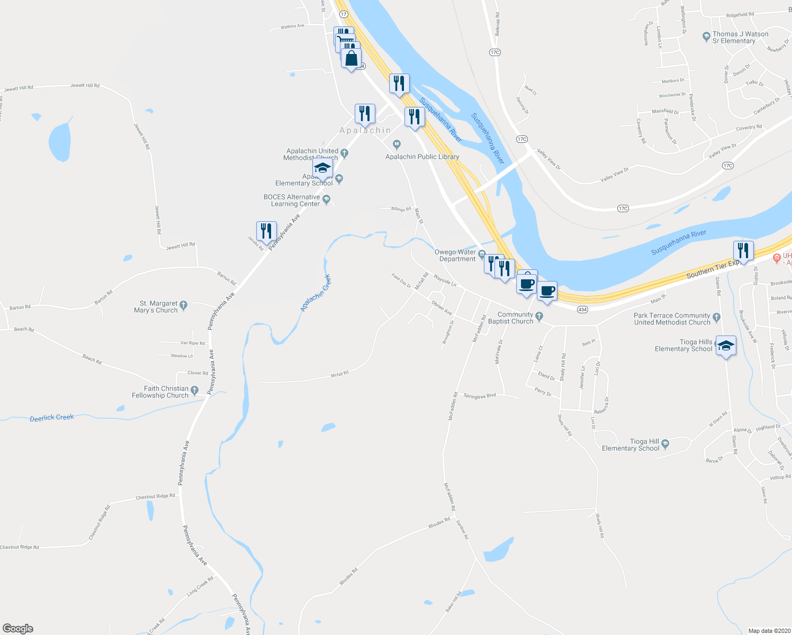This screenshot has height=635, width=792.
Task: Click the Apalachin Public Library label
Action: [422, 157]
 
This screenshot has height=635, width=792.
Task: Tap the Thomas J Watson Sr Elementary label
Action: [740, 38]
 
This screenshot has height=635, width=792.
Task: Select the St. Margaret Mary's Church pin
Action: [184, 305]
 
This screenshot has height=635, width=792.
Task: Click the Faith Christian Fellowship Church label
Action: [160, 392]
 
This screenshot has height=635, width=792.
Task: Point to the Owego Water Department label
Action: [455, 256]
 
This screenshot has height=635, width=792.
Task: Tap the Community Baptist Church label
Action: [511, 318]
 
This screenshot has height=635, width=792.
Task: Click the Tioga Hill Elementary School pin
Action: [665, 443]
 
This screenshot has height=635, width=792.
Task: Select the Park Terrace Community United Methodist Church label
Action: [672, 319]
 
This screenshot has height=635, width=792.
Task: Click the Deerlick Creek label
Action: [52, 418]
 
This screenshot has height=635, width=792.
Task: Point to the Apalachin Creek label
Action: [316, 293]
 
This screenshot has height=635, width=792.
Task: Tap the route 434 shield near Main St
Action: [582, 309]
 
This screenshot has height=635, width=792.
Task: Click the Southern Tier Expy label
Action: [713, 269]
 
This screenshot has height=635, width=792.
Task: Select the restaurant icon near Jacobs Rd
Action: [266, 231]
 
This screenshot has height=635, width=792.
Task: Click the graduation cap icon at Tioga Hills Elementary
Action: [726, 345]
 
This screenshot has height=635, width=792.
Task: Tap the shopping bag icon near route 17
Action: [351, 58]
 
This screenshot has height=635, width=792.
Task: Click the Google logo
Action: [18, 629]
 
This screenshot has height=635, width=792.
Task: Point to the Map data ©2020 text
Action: [768, 631]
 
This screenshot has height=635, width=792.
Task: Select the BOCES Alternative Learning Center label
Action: [292, 201]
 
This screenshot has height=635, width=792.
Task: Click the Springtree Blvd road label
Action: [480, 396]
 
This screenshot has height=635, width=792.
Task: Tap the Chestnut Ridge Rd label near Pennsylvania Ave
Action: [155, 497]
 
